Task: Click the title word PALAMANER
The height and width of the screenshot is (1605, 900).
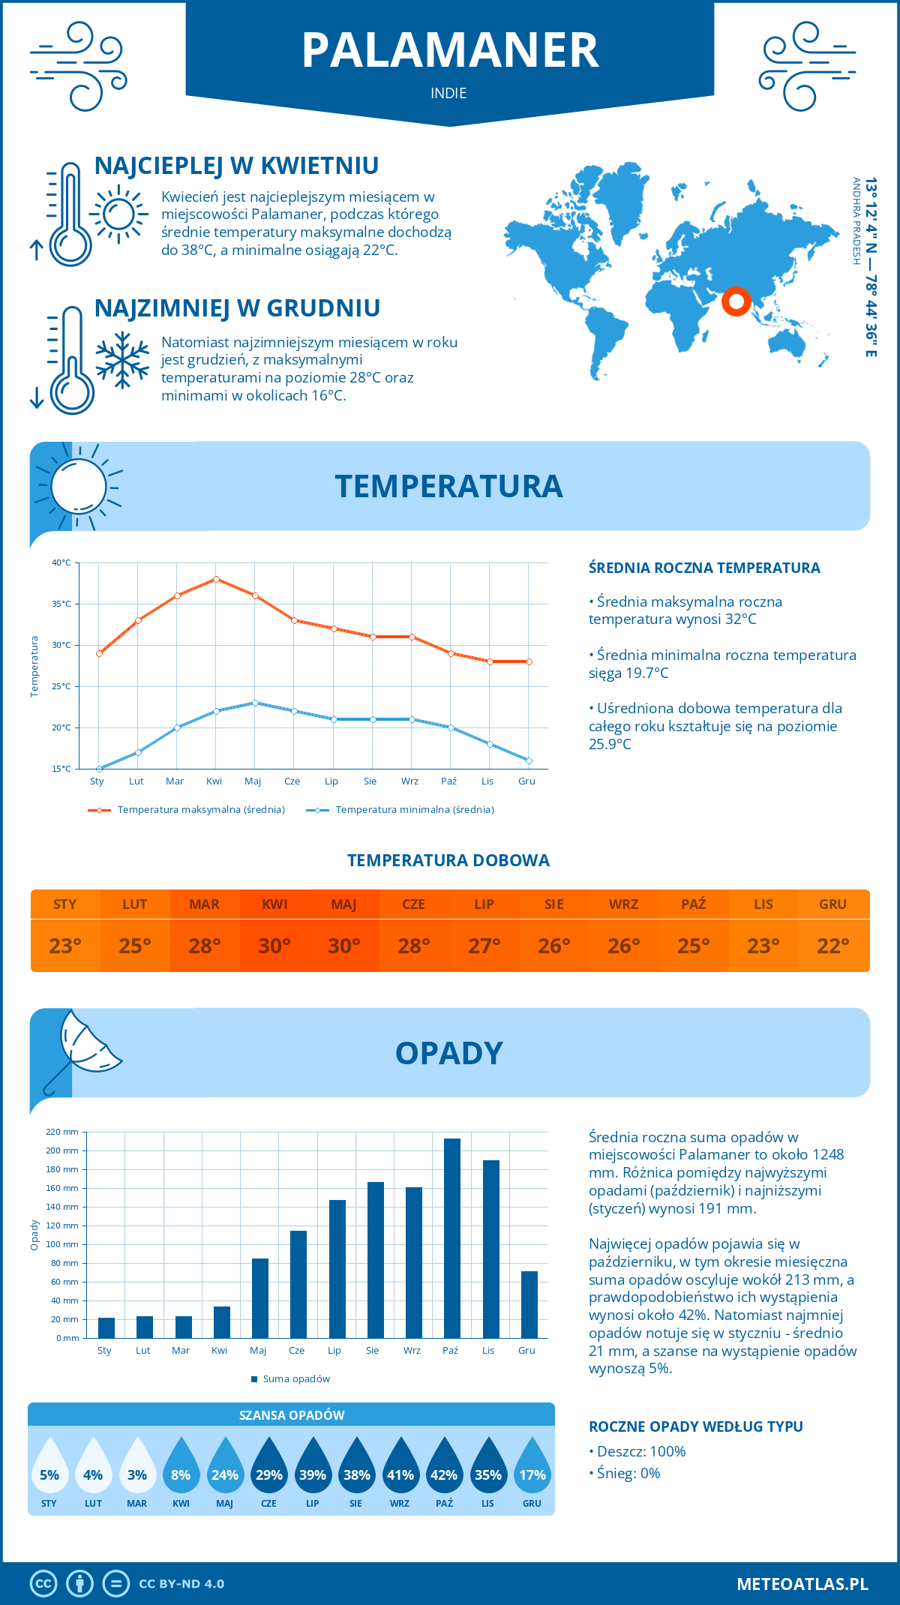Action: point(450,50)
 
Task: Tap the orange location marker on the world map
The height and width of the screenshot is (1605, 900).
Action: point(736,301)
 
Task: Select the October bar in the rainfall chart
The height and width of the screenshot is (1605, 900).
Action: point(451,1237)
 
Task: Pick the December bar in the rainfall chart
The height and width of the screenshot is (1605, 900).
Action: point(529,1304)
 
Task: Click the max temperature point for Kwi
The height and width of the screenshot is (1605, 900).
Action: point(216,579)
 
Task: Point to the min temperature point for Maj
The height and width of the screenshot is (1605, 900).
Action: point(255,703)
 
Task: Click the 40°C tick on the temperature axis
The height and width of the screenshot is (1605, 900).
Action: point(61,562)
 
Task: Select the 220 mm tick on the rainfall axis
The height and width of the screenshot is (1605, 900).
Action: point(63,1132)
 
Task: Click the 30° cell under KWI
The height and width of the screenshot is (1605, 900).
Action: point(274,946)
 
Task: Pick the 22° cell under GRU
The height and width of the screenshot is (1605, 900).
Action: point(833,946)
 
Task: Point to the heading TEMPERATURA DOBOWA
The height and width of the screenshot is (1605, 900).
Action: point(448,860)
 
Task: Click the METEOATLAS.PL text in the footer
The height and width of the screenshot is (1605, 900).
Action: point(802,1584)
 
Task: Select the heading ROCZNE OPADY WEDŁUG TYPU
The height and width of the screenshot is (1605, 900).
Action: point(696,1426)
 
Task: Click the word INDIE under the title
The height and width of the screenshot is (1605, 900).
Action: point(448,93)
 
